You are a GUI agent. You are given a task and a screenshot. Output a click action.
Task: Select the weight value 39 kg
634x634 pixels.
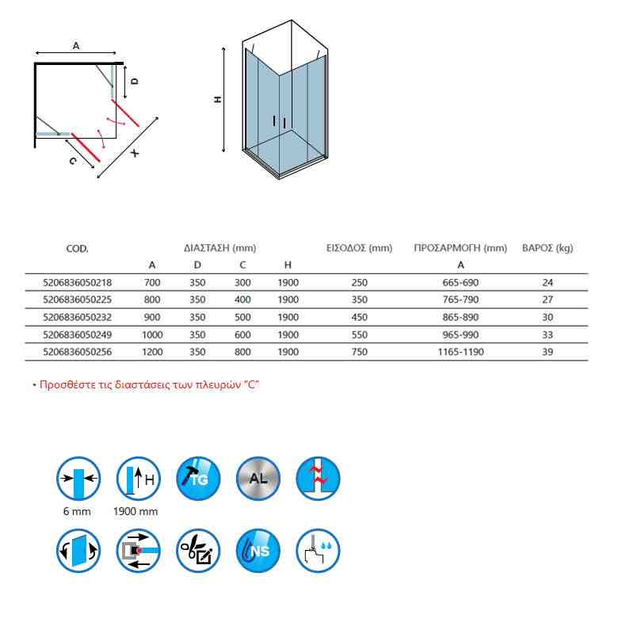[547, 352]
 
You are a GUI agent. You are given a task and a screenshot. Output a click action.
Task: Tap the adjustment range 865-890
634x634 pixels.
[460, 317]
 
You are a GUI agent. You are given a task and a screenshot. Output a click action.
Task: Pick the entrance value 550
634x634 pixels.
[359, 334]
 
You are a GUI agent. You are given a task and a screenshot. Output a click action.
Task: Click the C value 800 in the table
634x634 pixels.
[243, 352]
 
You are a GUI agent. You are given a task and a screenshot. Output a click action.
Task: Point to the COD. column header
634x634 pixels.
[77, 248]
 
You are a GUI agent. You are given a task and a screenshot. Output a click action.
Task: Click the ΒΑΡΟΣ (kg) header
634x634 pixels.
[547, 248]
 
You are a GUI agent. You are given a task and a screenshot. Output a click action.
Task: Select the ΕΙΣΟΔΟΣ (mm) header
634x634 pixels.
[359, 248]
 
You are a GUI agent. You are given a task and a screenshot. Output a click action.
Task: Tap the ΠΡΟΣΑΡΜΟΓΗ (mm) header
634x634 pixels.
[460, 248]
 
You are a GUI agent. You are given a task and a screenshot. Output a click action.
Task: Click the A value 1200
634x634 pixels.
[152, 352]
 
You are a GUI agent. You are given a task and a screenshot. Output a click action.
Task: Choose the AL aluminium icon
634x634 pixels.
[258, 479]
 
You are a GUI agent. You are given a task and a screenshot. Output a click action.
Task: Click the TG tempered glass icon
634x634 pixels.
[198, 479]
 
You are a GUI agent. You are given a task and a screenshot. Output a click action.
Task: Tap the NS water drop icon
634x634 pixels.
[258, 550]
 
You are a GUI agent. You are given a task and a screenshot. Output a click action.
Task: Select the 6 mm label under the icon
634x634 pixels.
[77, 511]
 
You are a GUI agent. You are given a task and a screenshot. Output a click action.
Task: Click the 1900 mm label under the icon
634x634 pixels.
[136, 511]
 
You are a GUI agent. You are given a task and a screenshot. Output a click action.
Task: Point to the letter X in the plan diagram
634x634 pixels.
[135, 153]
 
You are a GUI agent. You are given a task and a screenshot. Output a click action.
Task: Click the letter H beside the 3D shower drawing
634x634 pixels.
[216, 99]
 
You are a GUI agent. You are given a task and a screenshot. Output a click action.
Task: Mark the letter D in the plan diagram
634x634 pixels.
[135, 81]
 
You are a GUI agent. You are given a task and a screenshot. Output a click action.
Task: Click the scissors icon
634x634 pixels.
[198, 550]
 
